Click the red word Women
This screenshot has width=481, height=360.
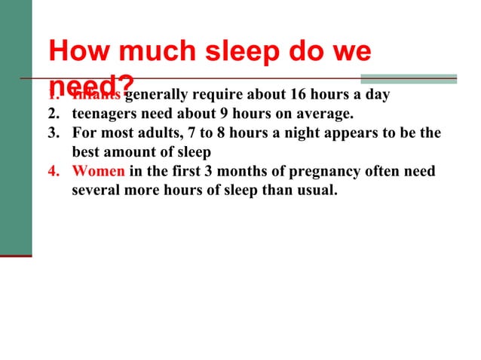[99, 171]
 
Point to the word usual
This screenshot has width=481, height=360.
[317, 189]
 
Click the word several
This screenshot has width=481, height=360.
[99, 189]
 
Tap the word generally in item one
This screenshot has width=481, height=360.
[158, 96]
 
